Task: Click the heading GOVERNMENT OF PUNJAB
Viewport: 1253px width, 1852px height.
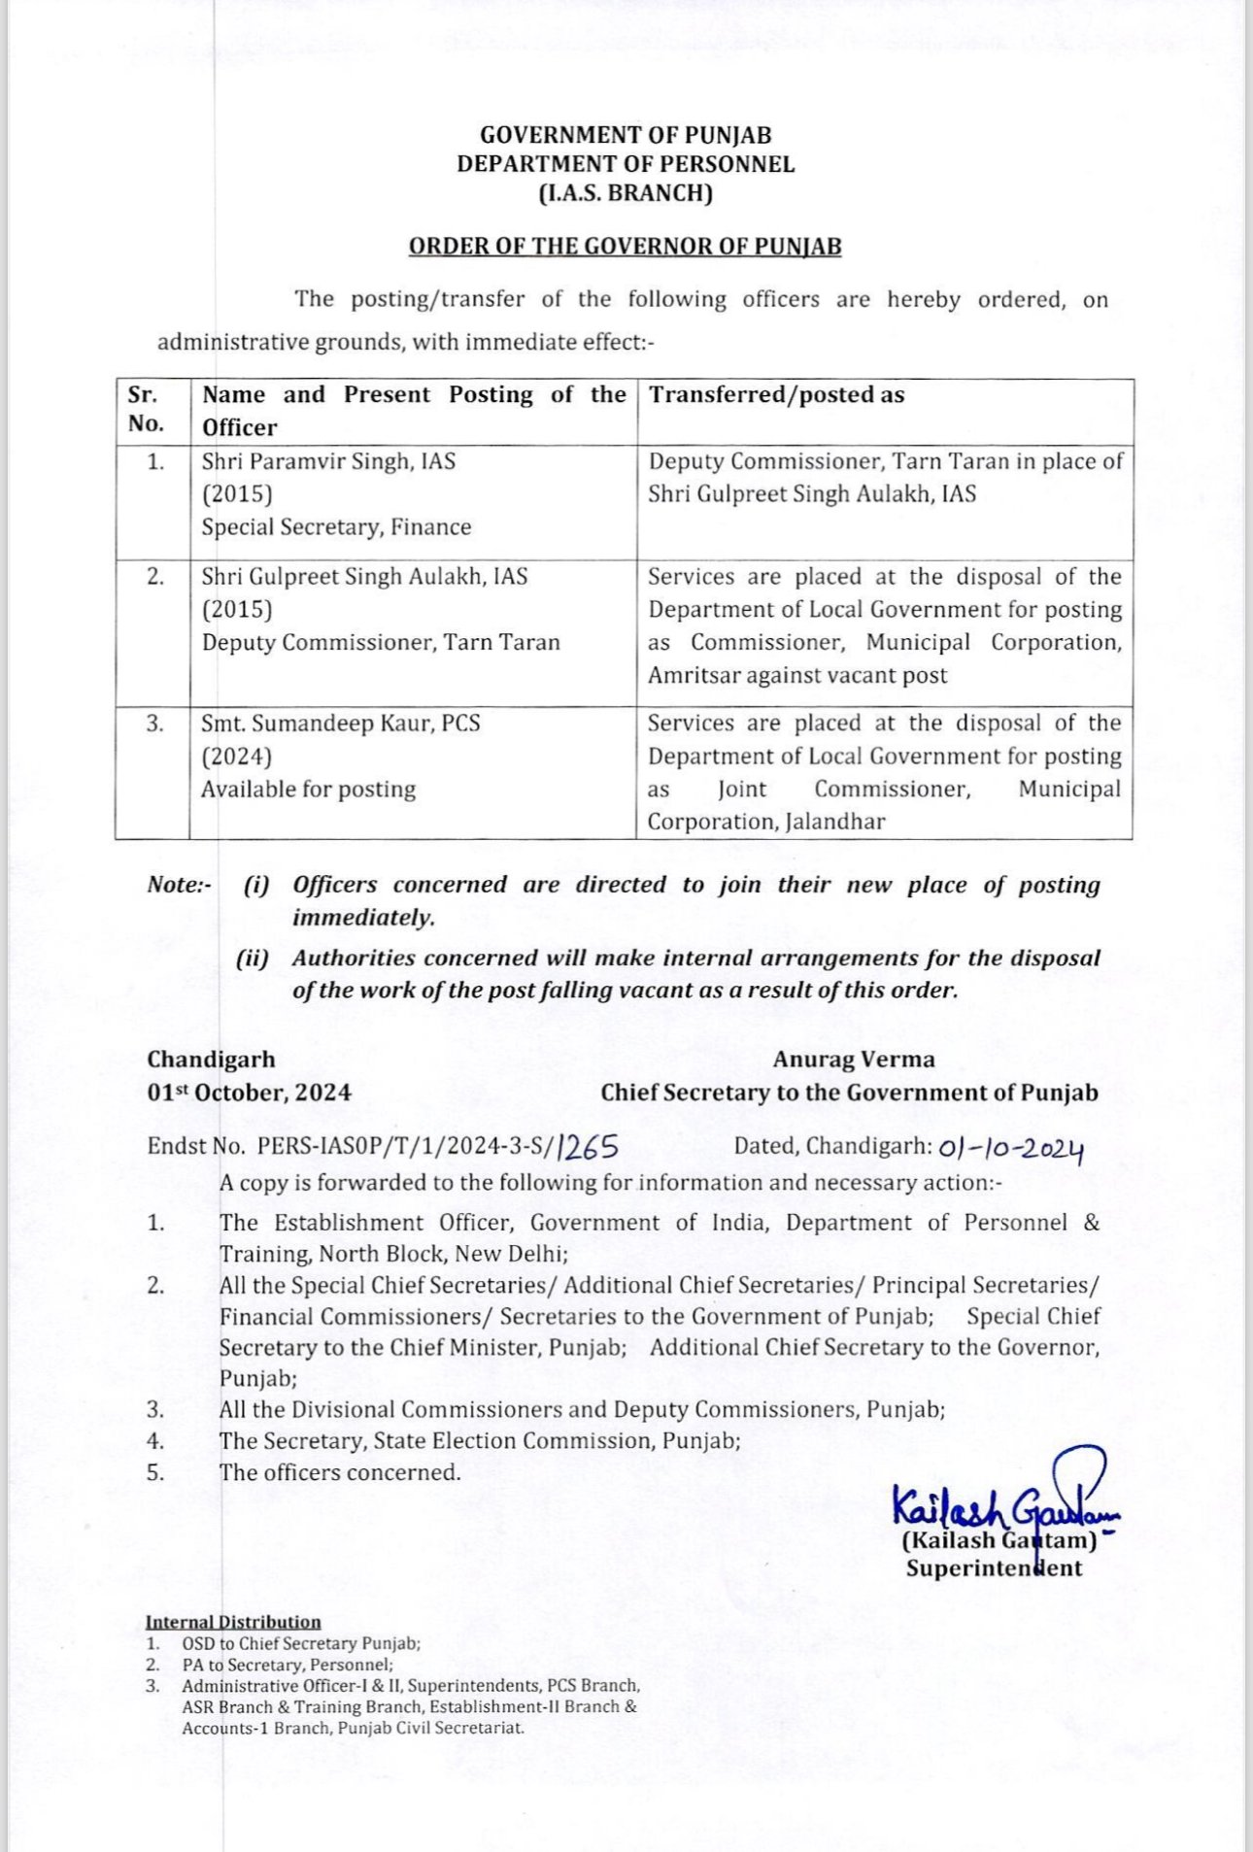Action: tap(626, 135)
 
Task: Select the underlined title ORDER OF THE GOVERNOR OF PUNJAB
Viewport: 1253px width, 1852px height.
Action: tap(625, 247)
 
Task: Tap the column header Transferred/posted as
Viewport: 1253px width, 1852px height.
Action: tap(776, 395)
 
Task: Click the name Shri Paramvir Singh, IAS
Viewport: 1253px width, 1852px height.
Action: tap(328, 461)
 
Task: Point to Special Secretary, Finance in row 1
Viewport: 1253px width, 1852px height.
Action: tap(336, 527)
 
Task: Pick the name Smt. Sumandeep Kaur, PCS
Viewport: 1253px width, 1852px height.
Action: tap(340, 724)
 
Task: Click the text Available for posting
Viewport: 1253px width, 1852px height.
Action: tap(308, 790)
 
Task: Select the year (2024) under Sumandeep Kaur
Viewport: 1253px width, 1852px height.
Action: tap(236, 757)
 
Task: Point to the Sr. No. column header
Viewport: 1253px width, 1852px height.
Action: tap(146, 410)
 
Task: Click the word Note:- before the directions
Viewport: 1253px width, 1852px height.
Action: tap(179, 885)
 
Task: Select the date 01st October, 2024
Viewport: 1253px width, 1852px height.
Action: tap(249, 1093)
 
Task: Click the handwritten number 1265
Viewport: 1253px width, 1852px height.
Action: tap(589, 1148)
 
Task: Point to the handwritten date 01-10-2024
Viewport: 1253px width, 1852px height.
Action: tap(1010, 1149)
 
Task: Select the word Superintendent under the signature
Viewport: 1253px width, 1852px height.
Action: tap(994, 1568)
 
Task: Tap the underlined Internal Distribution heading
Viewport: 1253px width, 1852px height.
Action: tap(233, 1622)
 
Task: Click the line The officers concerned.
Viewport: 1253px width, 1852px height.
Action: tap(340, 1472)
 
